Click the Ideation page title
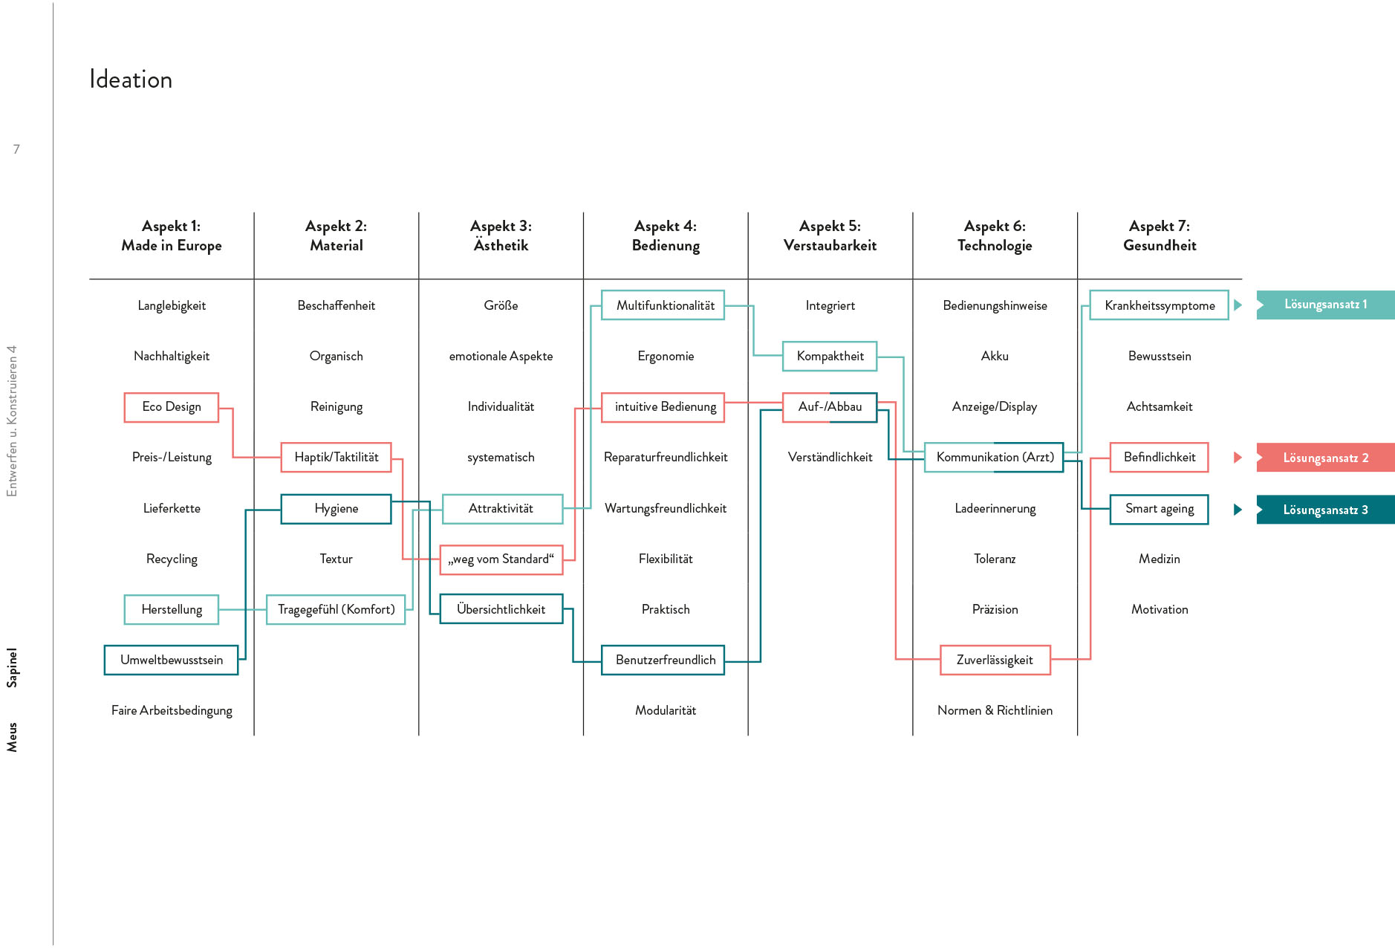131,79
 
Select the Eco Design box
172,407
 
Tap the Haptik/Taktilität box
336,458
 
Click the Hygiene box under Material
336,509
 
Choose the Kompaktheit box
830,357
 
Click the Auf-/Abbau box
830,407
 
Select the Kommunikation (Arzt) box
995,458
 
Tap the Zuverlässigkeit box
995,660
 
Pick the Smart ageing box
1160,509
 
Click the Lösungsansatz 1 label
1326,305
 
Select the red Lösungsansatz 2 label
1326,458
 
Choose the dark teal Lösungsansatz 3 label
1326,510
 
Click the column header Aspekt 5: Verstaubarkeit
830,236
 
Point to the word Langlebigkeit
172,305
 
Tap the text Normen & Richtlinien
995,710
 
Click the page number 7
16,149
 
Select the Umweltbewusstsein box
172,660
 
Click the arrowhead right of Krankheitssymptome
1238,305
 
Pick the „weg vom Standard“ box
501,559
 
